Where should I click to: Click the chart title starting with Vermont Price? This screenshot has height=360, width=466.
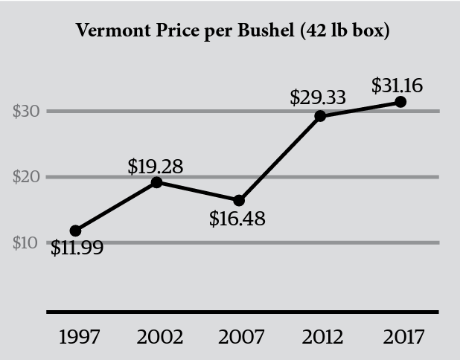point(232,33)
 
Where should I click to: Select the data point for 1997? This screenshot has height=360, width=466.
point(75,231)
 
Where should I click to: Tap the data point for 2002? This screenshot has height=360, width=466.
point(157,182)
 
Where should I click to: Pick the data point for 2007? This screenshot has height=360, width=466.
point(239,201)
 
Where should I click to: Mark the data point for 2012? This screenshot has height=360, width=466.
point(320,116)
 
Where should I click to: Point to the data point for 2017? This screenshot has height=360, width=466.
point(400,102)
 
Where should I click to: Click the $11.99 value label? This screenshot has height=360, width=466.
point(77,248)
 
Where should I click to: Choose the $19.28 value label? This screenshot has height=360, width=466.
point(155,166)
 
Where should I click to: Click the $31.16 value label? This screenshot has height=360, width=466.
point(397,86)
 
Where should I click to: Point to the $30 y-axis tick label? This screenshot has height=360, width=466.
point(26,112)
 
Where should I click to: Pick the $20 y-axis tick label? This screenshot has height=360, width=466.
point(26,177)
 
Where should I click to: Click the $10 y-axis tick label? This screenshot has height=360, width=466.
point(26,242)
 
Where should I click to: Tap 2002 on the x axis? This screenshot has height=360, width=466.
point(160,336)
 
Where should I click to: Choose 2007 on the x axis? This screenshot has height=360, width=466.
point(240,336)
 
